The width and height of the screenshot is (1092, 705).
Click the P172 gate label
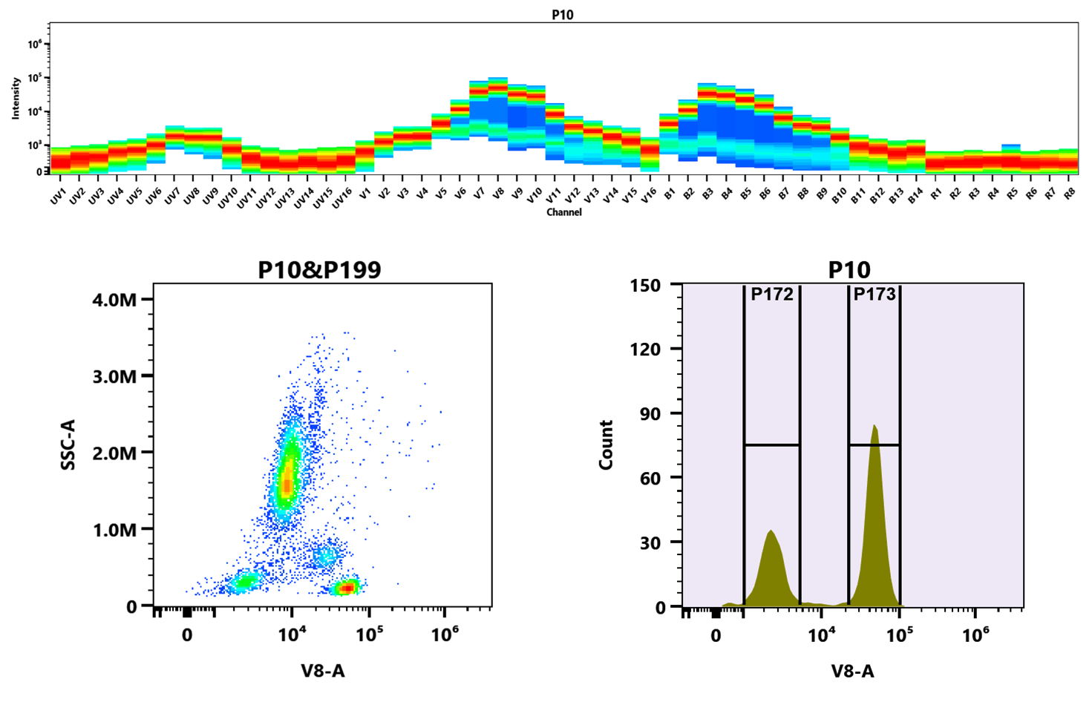tap(772, 295)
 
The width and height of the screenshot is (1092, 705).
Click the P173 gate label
tap(874, 295)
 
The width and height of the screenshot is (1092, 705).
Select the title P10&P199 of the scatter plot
tap(319, 269)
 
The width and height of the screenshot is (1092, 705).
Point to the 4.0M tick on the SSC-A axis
tap(116, 300)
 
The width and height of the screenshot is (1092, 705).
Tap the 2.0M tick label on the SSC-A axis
tap(116, 453)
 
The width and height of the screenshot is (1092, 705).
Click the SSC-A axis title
tap(68, 444)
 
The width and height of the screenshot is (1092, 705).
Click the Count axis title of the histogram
tap(606, 444)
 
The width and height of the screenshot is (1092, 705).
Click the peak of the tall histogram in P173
tap(874, 426)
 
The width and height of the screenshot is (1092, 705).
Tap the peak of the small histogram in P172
tap(771, 531)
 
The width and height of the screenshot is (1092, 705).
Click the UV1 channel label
tap(58, 197)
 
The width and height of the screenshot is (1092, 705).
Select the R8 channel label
tap(1070, 194)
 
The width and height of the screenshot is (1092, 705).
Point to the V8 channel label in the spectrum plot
tap(498, 194)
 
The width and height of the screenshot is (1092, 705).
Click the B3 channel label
tap(707, 194)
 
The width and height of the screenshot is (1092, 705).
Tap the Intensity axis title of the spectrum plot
tap(16, 98)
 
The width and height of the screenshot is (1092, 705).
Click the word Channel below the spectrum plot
tap(564, 212)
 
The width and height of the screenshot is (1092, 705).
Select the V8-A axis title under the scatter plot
tap(323, 671)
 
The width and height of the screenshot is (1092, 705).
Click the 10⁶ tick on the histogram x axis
tap(975, 635)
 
